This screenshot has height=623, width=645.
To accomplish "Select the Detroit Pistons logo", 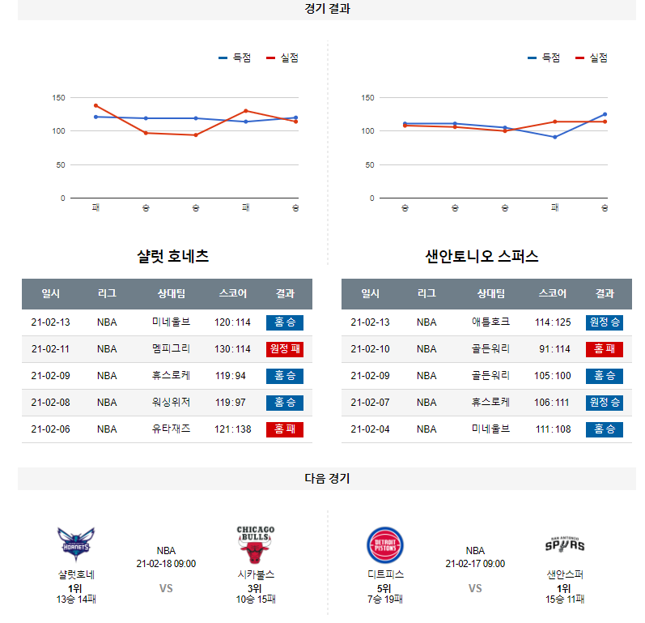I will click(384, 544).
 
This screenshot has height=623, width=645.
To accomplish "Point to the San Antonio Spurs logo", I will click(564, 544).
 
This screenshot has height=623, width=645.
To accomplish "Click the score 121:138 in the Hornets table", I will click(232, 429).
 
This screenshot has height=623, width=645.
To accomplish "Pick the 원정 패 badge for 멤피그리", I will click(284, 349).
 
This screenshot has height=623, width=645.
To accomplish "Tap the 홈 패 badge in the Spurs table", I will click(604, 349).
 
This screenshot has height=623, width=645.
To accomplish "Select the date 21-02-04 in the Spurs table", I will click(370, 429).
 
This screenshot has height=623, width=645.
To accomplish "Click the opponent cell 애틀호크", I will click(490, 322).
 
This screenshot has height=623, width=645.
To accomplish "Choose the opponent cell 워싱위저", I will click(171, 403).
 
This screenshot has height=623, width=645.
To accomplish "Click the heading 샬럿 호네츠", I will click(173, 257).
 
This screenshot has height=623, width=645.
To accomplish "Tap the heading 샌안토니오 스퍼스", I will click(482, 257).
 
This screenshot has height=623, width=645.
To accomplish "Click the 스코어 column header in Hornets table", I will click(232, 294).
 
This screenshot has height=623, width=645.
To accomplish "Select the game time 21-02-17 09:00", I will click(475, 564).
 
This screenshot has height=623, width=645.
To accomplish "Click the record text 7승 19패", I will click(384, 600).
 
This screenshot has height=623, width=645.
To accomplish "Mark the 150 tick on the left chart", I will click(58, 98).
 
